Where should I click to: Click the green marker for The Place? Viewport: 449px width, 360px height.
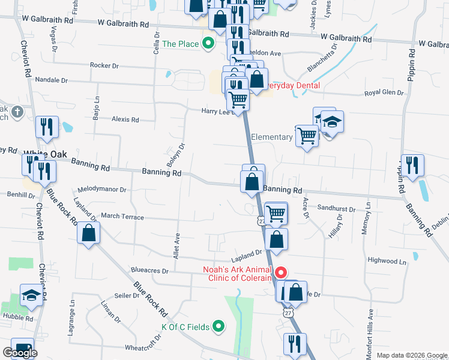tap(208, 43)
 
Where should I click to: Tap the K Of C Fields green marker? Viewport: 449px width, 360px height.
tap(219, 327)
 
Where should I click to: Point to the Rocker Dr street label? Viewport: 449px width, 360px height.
tap(106, 65)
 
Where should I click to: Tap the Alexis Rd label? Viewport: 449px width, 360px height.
tap(125, 119)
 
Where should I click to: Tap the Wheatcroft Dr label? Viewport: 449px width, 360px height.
tap(145, 347)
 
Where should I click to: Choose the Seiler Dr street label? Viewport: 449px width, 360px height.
tap(127, 296)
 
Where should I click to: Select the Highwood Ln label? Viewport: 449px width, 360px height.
tap(387, 261)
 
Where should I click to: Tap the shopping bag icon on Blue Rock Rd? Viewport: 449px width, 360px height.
tap(89, 233)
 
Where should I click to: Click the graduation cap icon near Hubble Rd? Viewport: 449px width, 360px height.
tap(31, 295)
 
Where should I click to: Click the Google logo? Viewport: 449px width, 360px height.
tap(20, 353)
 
